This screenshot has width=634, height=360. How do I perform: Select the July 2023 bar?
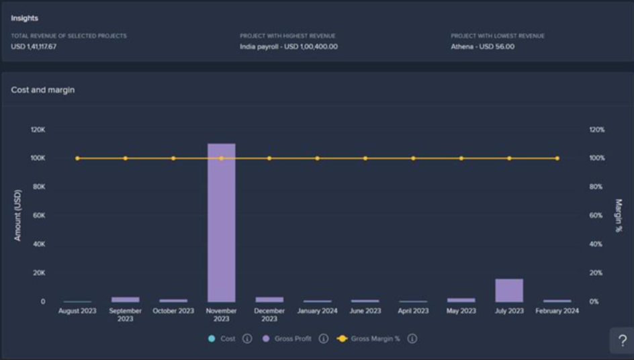[x=509, y=290]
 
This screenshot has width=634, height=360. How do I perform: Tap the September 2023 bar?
[x=126, y=299]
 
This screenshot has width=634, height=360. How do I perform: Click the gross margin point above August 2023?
[x=77, y=159]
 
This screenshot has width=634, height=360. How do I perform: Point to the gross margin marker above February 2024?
[x=557, y=159]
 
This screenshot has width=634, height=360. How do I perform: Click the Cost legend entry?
[x=228, y=339]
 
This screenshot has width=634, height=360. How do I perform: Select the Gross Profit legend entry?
[x=293, y=339]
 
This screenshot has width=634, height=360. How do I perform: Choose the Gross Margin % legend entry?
[x=375, y=339]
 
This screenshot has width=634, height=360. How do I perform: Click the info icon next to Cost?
[x=246, y=339]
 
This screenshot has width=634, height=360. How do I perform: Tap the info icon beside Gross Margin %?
[x=412, y=339]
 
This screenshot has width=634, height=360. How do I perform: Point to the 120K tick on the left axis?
[x=38, y=130]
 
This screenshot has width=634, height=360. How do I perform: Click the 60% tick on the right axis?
[x=596, y=216]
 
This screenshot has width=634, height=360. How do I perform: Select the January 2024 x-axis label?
[x=318, y=311]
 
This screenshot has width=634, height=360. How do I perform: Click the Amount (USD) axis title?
[x=18, y=215]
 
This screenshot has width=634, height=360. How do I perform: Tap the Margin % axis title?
[x=619, y=215]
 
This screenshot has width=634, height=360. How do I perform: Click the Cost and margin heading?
[x=43, y=90]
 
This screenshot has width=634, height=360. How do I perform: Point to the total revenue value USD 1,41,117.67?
[x=34, y=46]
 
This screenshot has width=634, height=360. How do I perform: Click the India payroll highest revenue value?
[x=289, y=46]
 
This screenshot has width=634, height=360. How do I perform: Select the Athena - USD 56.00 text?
[x=483, y=46]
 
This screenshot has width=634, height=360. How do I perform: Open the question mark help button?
[x=622, y=341]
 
